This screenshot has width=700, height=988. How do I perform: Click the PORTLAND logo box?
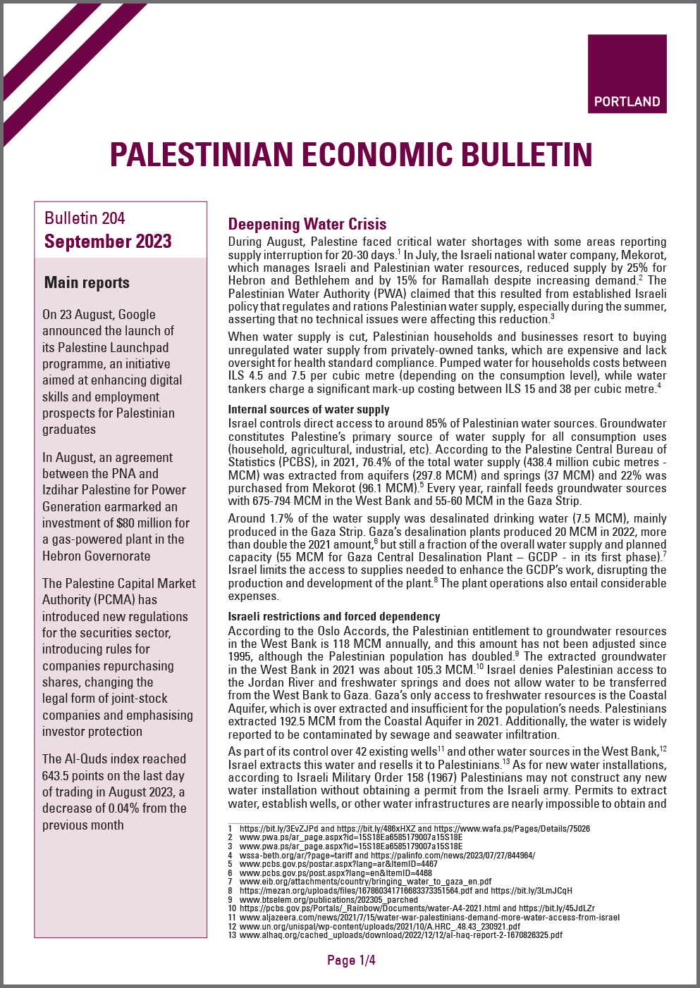(x=627, y=74)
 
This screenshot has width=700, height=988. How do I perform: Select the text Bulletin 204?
(x=85, y=218)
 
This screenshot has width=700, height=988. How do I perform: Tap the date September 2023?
(x=108, y=242)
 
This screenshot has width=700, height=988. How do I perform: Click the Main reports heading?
(x=87, y=283)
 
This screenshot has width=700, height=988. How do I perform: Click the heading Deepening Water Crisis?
(x=307, y=224)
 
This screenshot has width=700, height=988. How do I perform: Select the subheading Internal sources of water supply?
(x=308, y=409)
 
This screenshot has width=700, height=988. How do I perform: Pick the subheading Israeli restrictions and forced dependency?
(x=333, y=616)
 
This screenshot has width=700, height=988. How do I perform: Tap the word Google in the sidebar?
(x=137, y=315)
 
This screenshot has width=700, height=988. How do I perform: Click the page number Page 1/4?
(x=351, y=960)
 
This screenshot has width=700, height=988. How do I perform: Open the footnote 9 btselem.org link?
(x=328, y=899)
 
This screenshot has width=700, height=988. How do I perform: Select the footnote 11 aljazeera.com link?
(x=429, y=918)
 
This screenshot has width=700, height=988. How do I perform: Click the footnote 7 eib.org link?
(x=365, y=881)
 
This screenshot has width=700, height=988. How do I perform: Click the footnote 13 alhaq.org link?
(x=400, y=935)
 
